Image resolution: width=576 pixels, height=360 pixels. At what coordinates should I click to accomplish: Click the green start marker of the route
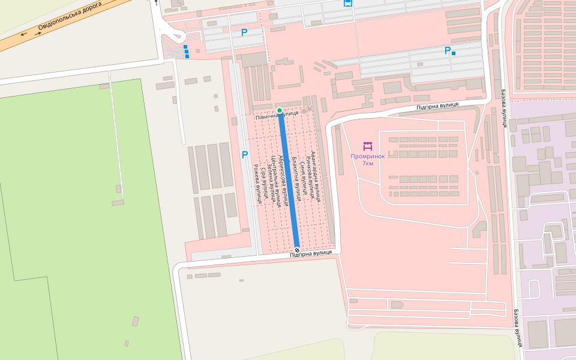click(x=280, y=110)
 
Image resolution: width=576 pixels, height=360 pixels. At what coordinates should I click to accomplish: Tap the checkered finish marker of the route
click(x=297, y=250)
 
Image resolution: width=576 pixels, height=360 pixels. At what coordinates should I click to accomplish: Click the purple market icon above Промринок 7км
click(x=368, y=146)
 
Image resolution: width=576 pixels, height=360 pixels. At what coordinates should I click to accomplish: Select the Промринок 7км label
click(x=368, y=160)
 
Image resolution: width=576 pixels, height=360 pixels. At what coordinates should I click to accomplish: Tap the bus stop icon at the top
click(x=347, y=3)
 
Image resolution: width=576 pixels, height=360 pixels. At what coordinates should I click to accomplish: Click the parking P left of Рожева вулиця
click(x=244, y=155)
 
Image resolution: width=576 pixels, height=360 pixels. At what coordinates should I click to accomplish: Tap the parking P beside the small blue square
click(x=447, y=50)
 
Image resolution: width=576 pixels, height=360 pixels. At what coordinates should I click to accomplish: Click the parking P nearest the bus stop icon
click(x=244, y=32)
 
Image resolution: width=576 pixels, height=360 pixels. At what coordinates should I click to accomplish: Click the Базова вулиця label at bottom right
click(x=517, y=328)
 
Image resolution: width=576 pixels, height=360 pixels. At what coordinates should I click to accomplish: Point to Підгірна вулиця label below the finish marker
click(x=310, y=253)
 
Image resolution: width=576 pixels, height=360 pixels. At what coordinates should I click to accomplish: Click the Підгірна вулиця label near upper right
click(x=437, y=106)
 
